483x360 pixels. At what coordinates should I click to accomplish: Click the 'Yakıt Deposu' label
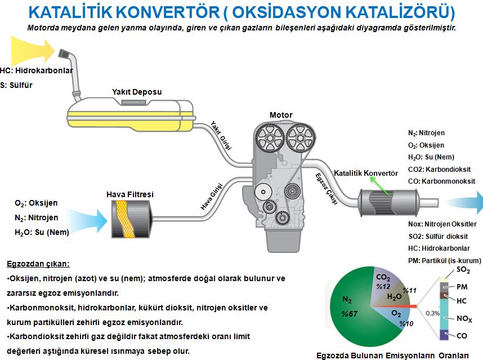point(136,92)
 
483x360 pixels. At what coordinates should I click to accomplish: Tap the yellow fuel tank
point(129,116)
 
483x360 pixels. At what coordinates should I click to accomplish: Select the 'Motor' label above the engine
point(281,115)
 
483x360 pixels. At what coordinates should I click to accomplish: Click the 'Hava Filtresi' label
point(130,194)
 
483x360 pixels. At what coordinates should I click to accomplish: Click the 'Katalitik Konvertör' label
point(366,172)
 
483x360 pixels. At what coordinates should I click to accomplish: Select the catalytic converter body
point(387,202)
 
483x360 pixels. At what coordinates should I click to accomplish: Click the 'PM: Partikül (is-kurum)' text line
point(444,260)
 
